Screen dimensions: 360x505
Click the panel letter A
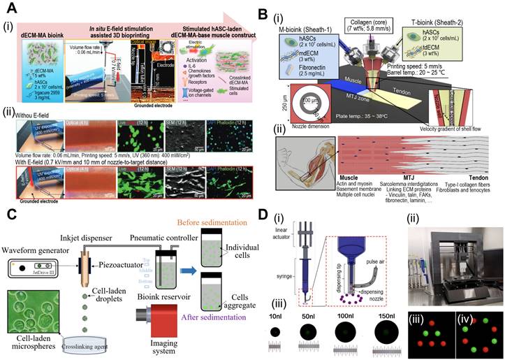(12, 10)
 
